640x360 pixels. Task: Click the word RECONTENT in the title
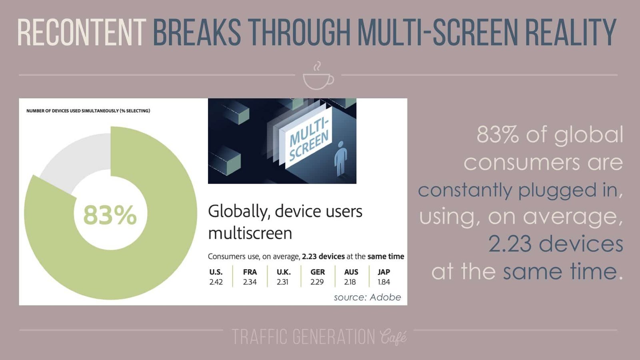click(81, 32)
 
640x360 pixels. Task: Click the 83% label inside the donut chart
click(110, 215)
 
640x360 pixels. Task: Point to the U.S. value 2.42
click(216, 282)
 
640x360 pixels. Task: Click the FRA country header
click(250, 272)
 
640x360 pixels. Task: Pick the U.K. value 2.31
click(283, 282)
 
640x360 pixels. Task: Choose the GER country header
click(318, 272)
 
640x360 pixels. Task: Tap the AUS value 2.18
click(350, 282)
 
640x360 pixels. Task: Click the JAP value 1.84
click(384, 282)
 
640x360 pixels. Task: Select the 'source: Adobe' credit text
click(367, 297)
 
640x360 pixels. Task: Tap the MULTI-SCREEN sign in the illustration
click(309, 139)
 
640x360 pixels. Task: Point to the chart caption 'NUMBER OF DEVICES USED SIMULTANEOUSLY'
click(88, 111)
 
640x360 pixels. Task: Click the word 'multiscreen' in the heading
click(250, 233)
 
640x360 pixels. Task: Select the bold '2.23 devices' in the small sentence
click(323, 256)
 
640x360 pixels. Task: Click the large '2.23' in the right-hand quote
click(510, 244)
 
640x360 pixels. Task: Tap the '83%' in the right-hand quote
click(498, 135)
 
